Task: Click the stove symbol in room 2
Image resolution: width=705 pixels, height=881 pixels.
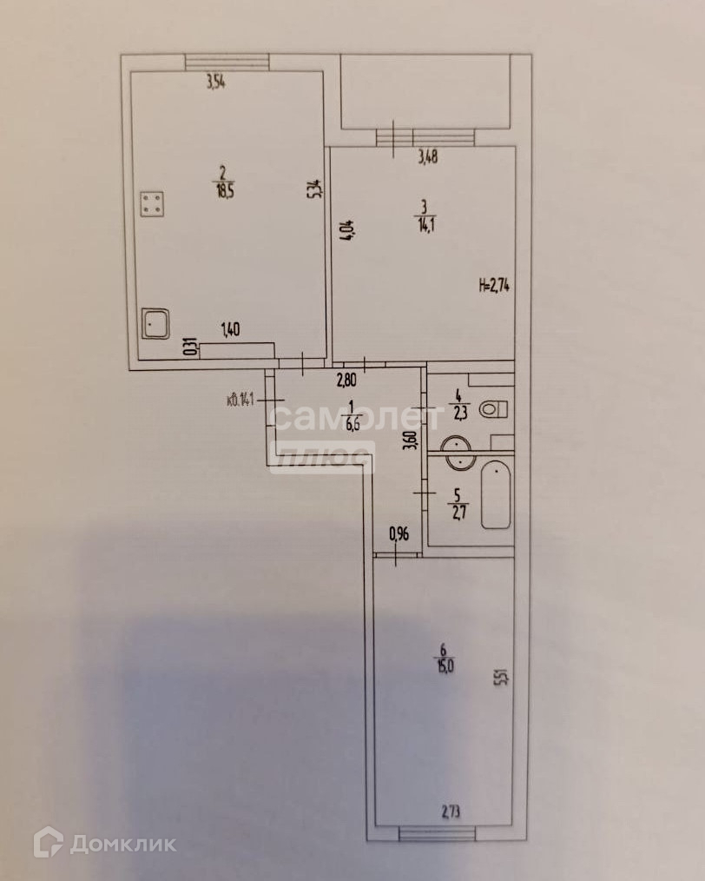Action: [153, 204]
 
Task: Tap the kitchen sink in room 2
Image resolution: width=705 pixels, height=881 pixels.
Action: [156, 324]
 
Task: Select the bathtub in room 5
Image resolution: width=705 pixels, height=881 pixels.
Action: [495, 495]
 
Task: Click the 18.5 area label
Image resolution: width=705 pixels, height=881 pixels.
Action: [223, 185]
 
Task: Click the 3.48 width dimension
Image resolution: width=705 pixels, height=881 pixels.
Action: [428, 157]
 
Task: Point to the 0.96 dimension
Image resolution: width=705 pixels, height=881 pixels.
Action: [399, 534]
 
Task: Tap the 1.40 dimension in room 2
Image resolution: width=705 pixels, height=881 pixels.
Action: [231, 328]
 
